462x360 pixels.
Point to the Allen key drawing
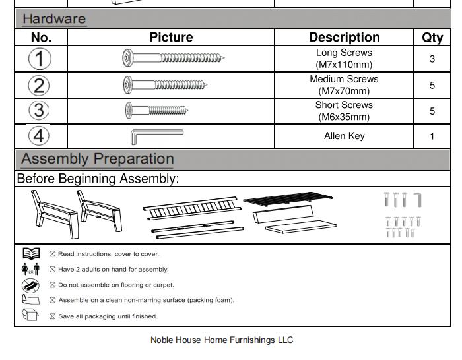coord(156,136)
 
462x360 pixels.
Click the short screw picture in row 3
coord(162,111)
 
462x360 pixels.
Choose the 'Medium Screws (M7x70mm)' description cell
coord(344,85)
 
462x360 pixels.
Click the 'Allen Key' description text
coord(344,136)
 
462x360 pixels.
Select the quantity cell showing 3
coord(432,59)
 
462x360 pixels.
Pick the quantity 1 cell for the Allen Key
coord(432,136)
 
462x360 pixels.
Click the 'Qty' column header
coord(432,38)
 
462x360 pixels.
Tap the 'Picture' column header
coord(171,38)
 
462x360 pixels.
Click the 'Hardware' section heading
coord(54,18)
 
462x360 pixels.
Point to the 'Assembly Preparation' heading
coord(98,159)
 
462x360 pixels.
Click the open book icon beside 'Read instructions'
coord(31,253)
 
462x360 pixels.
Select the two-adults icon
coord(31,269)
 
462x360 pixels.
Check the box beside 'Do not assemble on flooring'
coord(53,285)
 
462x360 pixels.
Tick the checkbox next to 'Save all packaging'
coord(53,316)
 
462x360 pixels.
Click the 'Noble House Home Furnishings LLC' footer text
coord(222,340)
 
